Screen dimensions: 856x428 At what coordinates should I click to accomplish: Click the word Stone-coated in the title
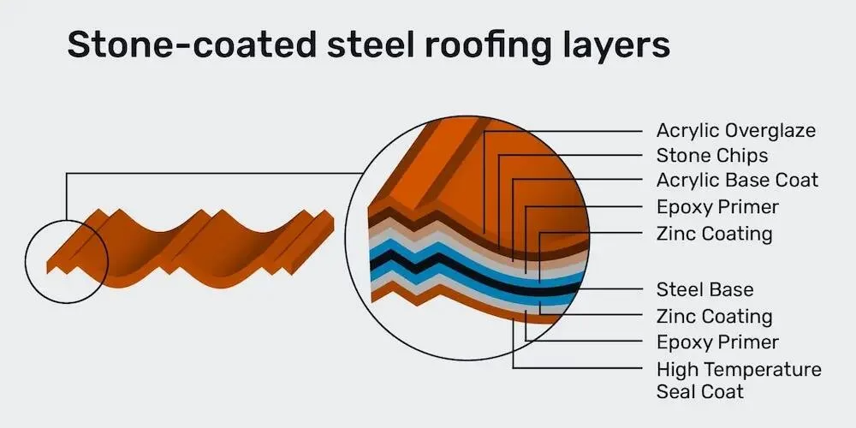[192, 45]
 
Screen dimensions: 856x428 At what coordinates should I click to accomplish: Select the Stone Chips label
[712, 156]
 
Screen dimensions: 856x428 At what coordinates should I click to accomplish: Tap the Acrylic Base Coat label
[737, 180]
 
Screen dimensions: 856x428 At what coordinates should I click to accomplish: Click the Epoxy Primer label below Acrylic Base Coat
[717, 207]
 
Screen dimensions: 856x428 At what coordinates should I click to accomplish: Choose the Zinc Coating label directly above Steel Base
[715, 234]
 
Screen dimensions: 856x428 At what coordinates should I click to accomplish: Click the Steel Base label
[704, 289]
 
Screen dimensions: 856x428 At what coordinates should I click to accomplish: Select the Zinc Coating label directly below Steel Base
[715, 316]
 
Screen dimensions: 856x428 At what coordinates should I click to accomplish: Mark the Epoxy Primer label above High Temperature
[717, 342]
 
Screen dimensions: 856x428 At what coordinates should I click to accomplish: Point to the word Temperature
[760, 370]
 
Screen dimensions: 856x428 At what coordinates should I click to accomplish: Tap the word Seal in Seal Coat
[675, 391]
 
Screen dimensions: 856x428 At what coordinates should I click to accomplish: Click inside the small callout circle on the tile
[67, 261]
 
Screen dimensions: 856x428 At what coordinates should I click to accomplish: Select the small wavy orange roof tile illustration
[190, 248]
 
